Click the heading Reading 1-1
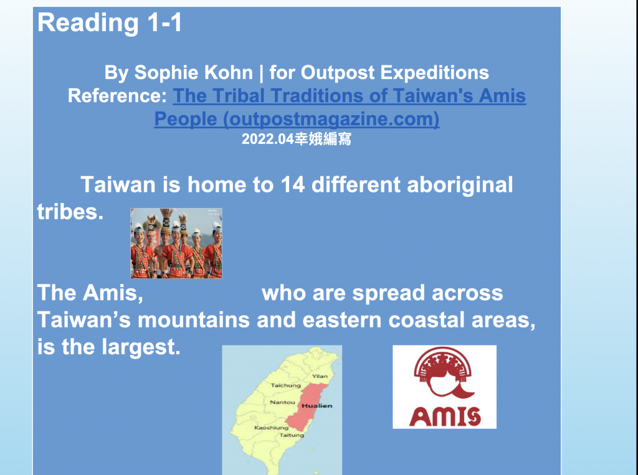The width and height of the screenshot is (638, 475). point(110,23)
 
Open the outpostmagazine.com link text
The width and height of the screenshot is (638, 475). point(297,119)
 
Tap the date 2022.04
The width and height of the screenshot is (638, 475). point(268,139)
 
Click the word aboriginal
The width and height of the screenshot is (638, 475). point(460,186)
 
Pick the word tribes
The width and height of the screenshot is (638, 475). point(70,212)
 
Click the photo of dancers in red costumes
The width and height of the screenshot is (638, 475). point(176,243)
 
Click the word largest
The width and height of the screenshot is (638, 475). point(141,348)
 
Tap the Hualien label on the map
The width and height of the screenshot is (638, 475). point(317,406)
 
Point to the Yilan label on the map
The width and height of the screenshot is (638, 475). point(320,377)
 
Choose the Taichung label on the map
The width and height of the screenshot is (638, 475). point(285,385)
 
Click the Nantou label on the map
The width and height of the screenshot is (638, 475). point(282,402)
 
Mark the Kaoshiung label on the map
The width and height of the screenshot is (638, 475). point(272,428)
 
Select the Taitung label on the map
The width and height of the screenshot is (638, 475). point(292,435)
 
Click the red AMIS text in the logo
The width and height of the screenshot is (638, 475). point(445,416)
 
